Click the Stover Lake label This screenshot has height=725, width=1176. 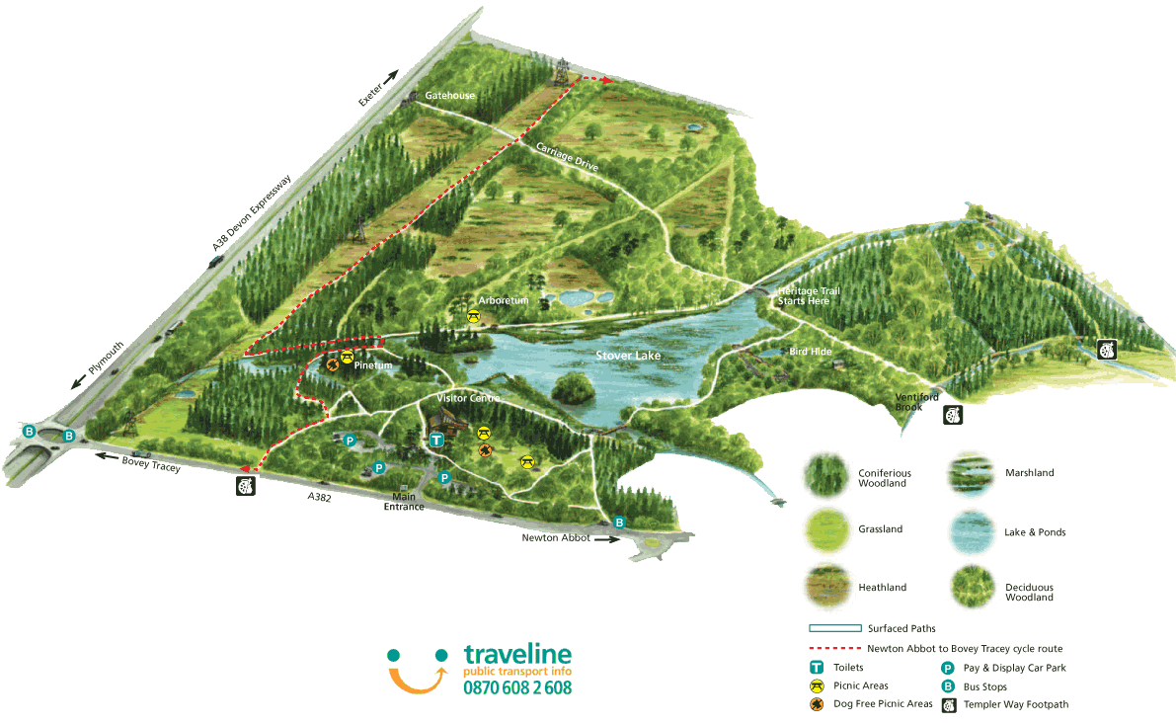628,356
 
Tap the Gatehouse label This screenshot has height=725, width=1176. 449,96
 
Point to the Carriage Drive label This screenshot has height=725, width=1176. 568,158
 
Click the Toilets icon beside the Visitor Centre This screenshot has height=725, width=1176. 435,440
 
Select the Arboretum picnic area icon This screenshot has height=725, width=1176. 475,316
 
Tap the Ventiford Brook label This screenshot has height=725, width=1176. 909,402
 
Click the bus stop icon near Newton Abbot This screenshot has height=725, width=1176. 619,523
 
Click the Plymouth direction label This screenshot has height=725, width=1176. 106,357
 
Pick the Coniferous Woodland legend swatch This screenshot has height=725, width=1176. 826,475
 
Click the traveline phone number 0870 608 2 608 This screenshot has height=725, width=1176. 517,687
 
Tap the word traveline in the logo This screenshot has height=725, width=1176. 517,655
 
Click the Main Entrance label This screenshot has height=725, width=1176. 404,502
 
